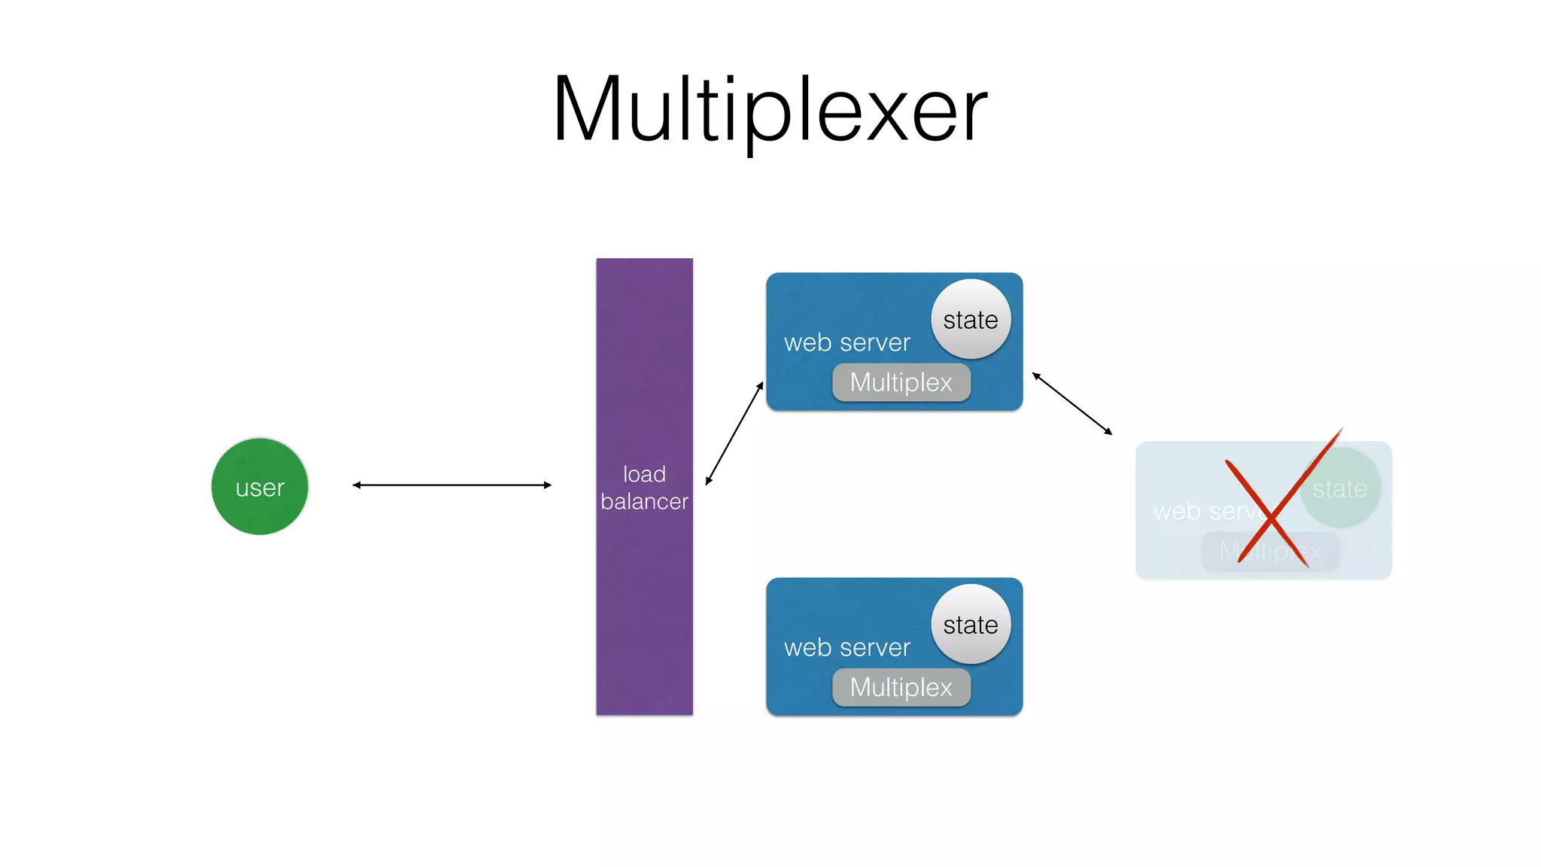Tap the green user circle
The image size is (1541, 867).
pos(260,487)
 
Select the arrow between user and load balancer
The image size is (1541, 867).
pos(451,485)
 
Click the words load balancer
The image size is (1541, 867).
pos(644,488)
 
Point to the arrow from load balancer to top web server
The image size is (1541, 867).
pos(734,433)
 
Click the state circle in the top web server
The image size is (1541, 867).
pos(971,319)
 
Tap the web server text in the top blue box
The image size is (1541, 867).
pos(846,343)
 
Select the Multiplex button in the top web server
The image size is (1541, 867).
pos(901,382)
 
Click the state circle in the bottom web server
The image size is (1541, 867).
pos(971,624)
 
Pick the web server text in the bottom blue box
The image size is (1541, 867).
pos(846,648)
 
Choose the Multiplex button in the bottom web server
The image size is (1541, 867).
pos(901,687)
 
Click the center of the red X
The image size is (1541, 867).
pos(1270,518)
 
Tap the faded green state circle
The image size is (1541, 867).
pos(1340,488)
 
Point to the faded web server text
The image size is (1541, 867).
pos(1204,512)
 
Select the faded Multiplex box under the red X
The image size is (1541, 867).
pos(1270,552)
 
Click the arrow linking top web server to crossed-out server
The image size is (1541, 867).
pos(1072,403)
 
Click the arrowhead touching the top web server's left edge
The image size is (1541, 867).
pos(760,387)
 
